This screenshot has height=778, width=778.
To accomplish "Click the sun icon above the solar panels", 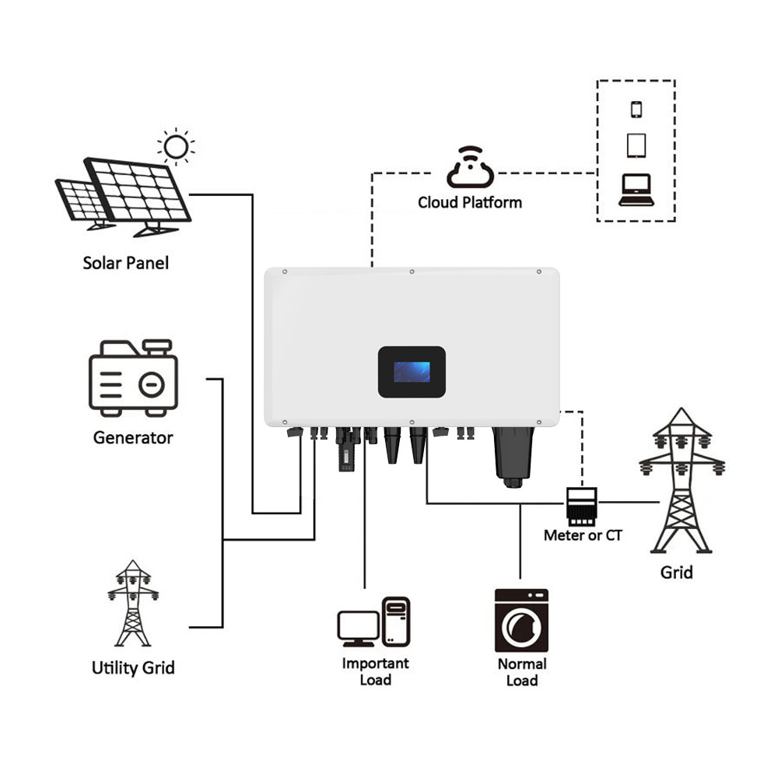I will [x=176, y=145].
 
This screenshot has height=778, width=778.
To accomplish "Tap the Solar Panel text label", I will [x=125, y=262].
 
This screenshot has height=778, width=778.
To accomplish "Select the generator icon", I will [x=133, y=377].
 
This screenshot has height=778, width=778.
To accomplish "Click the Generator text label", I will [x=133, y=437].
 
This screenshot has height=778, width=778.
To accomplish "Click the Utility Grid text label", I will [x=133, y=668].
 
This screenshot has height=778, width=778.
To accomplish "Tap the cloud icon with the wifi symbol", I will [x=469, y=166].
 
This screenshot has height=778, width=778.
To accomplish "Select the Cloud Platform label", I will [x=470, y=202].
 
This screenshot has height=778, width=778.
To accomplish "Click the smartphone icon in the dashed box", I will [x=636, y=108].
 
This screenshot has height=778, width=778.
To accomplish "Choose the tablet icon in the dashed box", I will [x=636, y=145].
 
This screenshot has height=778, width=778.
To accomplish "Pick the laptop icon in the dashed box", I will [x=636, y=189].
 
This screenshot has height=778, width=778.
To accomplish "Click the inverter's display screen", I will [x=411, y=372].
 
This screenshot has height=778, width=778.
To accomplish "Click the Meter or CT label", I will [x=583, y=535].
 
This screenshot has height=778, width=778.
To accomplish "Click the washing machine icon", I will [x=521, y=620].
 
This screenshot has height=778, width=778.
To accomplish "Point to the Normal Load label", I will [x=522, y=672].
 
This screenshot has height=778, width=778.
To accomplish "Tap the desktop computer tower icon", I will [x=396, y=620].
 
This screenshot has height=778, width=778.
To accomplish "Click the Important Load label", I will [x=375, y=671].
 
